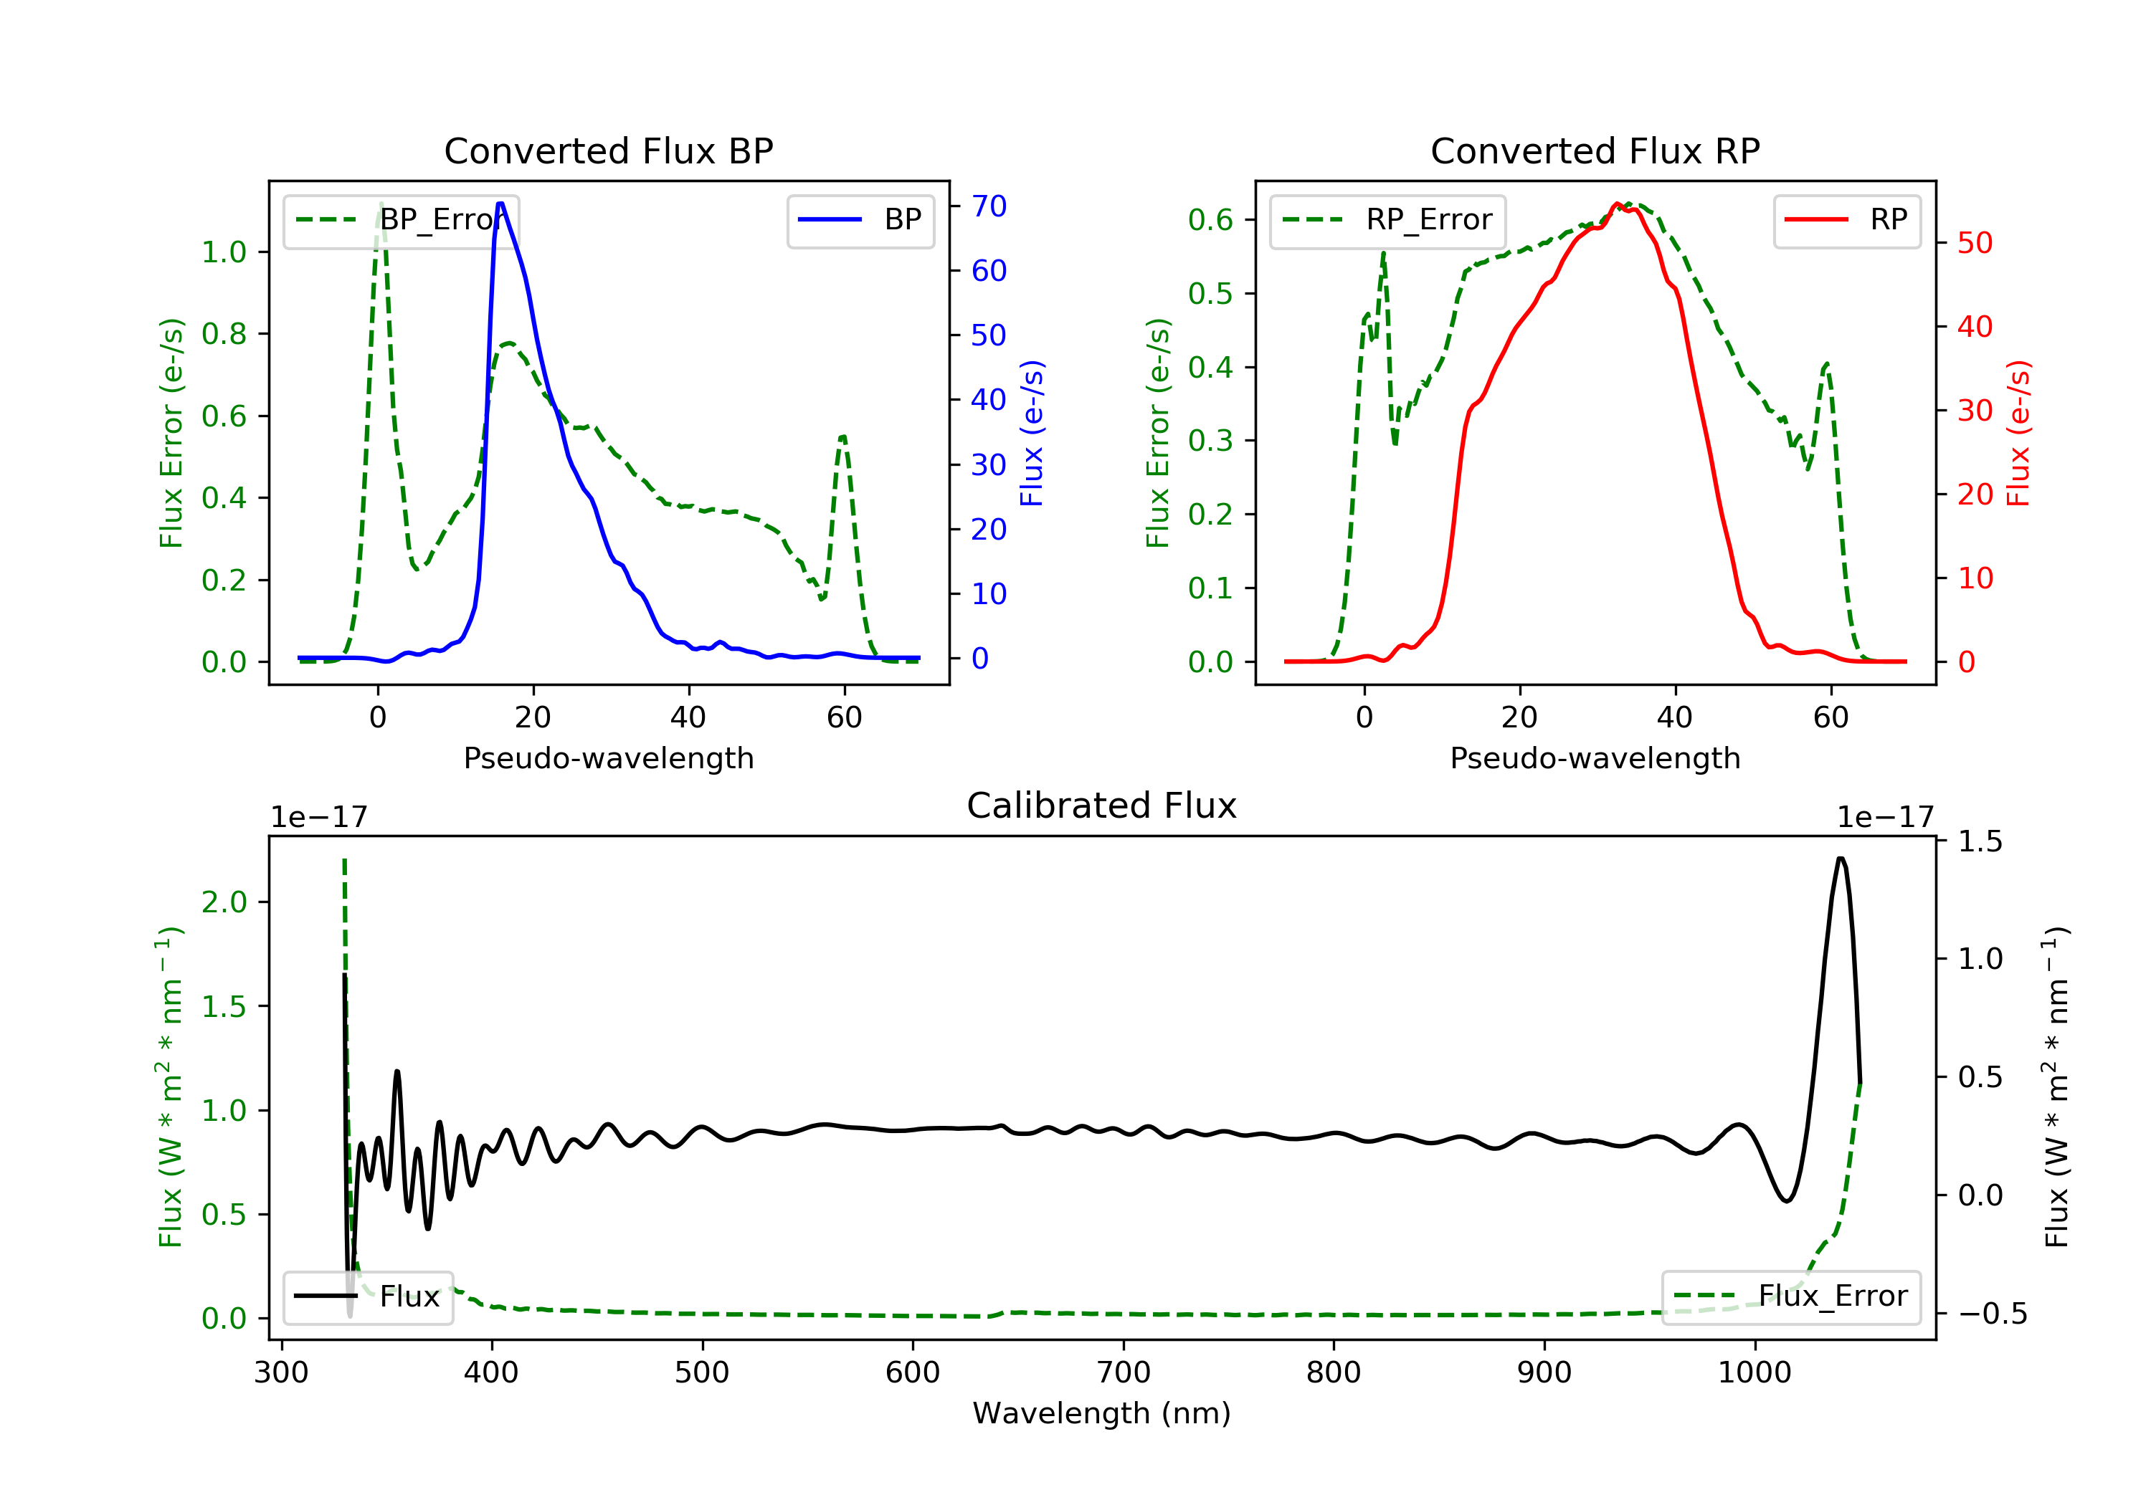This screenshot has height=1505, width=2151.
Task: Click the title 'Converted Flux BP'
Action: tap(608, 150)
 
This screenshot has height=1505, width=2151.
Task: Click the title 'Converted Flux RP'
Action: tap(1595, 150)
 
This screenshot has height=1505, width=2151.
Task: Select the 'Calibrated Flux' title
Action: tap(1102, 806)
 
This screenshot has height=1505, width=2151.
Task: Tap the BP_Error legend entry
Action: tap(401, 220)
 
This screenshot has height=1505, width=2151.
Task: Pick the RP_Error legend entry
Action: tap(1387, 220)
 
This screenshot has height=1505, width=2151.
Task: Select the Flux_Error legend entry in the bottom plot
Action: tap(1790, 1296)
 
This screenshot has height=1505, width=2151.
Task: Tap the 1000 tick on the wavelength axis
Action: tap(1754, 1373)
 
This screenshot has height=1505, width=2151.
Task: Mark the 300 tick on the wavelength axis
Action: tap(281, 1373)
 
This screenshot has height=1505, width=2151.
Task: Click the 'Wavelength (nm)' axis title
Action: tap(1102, 1413)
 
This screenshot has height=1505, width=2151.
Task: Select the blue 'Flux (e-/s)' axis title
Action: tap(1032, 433)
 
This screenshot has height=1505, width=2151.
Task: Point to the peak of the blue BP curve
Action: tap(500, 204)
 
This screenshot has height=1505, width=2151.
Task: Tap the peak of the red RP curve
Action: tap(1617, 204)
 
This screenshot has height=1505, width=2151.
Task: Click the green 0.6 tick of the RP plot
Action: tap(1210, 220)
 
